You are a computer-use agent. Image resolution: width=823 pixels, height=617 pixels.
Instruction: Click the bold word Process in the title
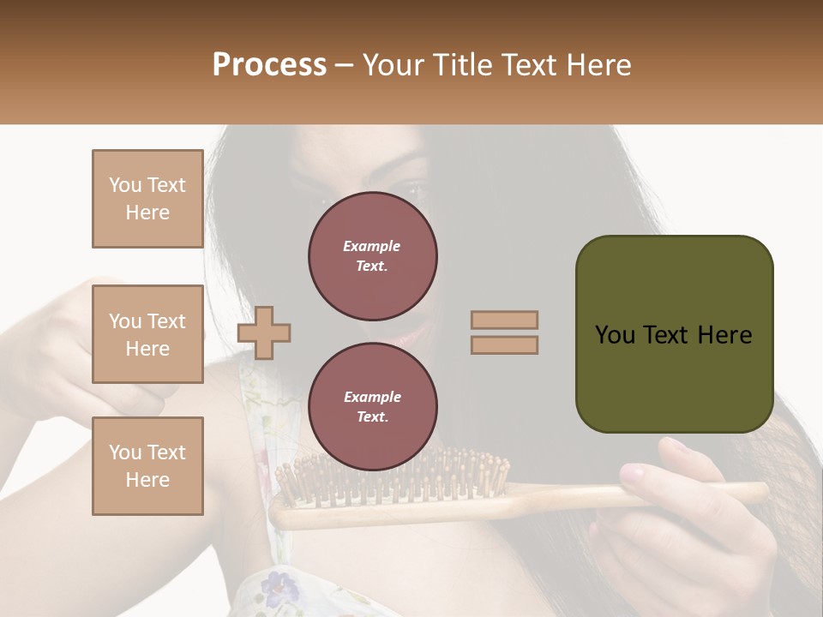click(x=269, y=65)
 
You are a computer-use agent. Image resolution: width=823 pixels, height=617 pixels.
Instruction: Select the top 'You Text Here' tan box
click(x=147, y=199)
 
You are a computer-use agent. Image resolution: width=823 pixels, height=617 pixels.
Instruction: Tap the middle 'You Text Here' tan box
click(x=147, y=334)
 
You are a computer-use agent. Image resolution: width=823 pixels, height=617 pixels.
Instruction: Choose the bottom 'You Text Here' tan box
click(x=147, y=465)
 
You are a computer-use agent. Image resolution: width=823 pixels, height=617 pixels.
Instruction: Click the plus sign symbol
click(x=264, y=332)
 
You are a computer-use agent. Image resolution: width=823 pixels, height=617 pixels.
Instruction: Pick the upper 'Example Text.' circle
click(x=372, y=256)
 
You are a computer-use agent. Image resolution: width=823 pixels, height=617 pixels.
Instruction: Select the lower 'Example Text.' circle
click(x=372, y=407)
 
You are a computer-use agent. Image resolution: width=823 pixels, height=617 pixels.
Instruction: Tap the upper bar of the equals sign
click(x=504, y=320)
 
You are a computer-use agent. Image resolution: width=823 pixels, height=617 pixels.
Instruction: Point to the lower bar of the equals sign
click(x=504, y=344)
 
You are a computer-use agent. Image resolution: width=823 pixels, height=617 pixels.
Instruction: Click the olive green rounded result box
click(x=674, y=334)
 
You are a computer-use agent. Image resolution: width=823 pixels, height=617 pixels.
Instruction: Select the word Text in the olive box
click(x=673, y=335)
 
